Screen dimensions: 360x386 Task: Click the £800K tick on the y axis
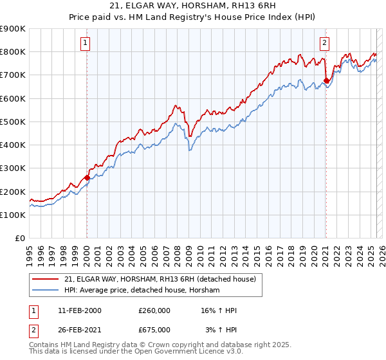(x=14, y=51)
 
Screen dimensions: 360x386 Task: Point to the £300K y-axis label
(x=14, y=168)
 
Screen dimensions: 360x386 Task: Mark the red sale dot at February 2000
(x=87, y=178)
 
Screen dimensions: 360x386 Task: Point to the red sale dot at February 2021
(x=326, y=81)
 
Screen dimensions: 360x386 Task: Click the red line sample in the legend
(x=46, y=279)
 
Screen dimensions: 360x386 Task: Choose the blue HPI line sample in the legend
(x=46, y=291)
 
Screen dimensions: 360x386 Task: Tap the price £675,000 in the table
(x=154, y=330)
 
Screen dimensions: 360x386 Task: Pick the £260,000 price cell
(x=154, y=310)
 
